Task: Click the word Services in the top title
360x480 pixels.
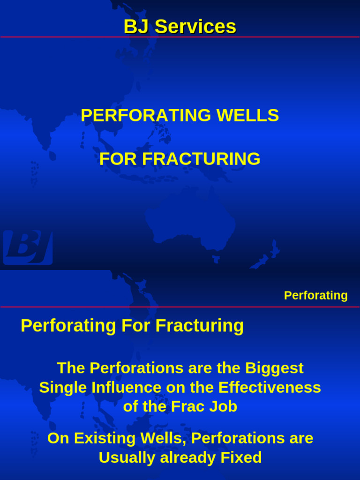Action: point(195,27)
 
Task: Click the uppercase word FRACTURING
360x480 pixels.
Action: point(201,159)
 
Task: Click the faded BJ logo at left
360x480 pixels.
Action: point(28,247)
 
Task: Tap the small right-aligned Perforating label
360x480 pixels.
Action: point(315,295)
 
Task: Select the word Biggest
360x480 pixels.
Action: point(274,368)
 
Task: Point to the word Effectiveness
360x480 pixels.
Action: point(270,388)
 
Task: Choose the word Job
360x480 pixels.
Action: point(224,407)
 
